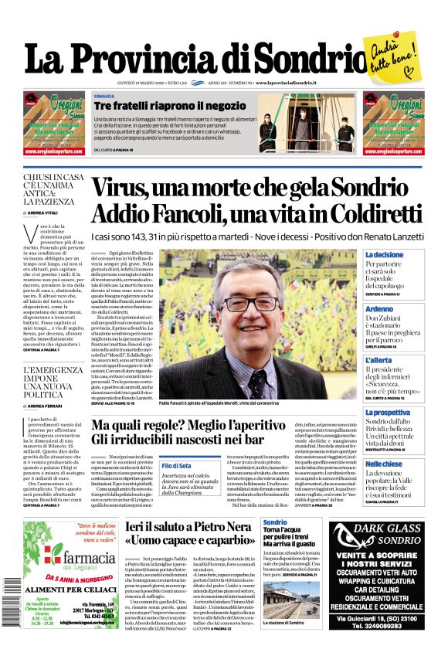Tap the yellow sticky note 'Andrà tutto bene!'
[395, 54]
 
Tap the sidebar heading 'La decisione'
[384, 254]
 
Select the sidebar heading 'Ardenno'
[378, 308]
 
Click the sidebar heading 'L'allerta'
[378, 360]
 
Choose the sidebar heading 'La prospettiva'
[387, 413]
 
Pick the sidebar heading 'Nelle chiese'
[383, 464]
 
